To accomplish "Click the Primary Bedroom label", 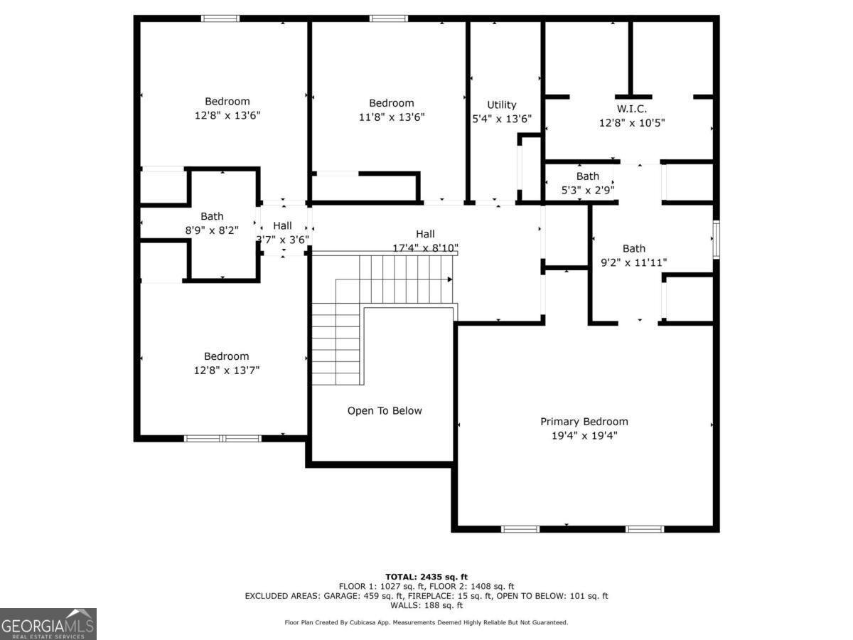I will pos(584,422).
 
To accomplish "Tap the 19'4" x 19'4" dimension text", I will pos(584,435).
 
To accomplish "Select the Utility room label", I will pos(502,105).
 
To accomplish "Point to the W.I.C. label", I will pos(631,109).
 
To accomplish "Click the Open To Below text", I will pos(385,411).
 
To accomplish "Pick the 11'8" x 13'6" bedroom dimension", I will pos(391,117).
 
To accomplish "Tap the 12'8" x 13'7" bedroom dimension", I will pos(227,370).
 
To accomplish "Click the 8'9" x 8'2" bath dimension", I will pos(212,230).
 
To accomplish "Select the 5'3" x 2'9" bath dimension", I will pos(588,190).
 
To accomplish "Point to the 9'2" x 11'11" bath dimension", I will pos(634,262).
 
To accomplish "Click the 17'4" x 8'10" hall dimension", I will pos(425,248).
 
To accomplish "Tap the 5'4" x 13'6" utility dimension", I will pos(502,119).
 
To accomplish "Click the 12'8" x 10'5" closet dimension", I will pos(631,122).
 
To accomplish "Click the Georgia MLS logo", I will pos(48,624).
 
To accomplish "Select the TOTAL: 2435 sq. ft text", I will pos(426,577).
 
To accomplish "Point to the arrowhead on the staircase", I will pos(450,279).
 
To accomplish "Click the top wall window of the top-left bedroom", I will pos(220,18).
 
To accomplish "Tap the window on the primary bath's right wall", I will pos(716,240).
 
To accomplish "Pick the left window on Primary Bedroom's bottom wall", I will pos(520,529).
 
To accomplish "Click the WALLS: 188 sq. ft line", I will pos(426,605).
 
